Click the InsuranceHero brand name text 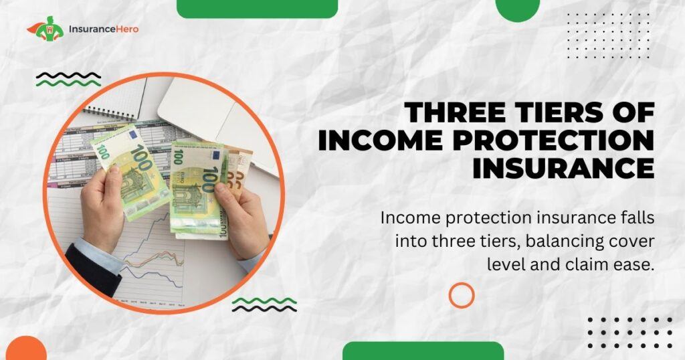[x=104, y=29]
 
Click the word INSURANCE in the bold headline [x=563, y=169]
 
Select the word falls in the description [x=638, y=217]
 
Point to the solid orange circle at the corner [x=25, y=349]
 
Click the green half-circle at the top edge [x=518, y=9]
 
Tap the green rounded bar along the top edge [x=258, y=8]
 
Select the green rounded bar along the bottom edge [x=423, y=351]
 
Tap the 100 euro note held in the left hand [x=130, y=171]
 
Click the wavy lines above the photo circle [x=69, y=80]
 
